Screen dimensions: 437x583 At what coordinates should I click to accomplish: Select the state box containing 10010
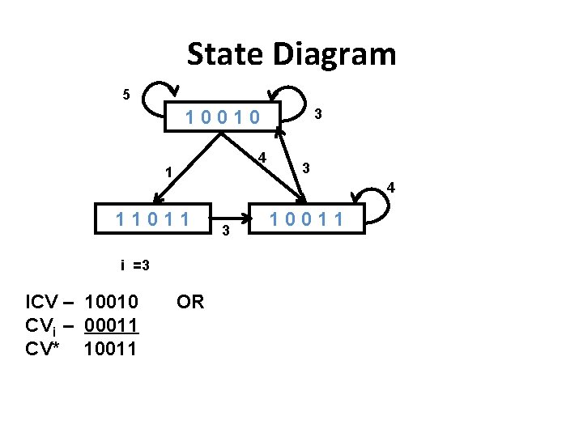[x=223, y=117]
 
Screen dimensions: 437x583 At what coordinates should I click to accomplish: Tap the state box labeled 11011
[x=153, y=218]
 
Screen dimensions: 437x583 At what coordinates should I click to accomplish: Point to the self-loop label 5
[x=126, y=95]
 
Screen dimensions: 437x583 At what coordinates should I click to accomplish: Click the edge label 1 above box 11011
[x=168, y=172]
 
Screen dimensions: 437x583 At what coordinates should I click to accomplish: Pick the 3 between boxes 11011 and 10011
[x=226, y=233]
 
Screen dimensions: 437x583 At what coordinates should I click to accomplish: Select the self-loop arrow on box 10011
[x=365, y=194]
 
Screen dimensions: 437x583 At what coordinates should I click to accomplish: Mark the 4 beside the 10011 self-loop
[x=390, y=188]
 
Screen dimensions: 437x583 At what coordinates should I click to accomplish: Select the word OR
[x=190, y=302]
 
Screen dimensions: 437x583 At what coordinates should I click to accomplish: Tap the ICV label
[x=42, y=303]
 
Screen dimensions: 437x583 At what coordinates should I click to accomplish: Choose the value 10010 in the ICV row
[x=112, y=303]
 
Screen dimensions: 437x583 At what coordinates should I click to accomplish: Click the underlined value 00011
[x=112, y=325]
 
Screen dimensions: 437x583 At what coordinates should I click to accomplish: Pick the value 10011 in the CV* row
[x=112, y=349]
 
